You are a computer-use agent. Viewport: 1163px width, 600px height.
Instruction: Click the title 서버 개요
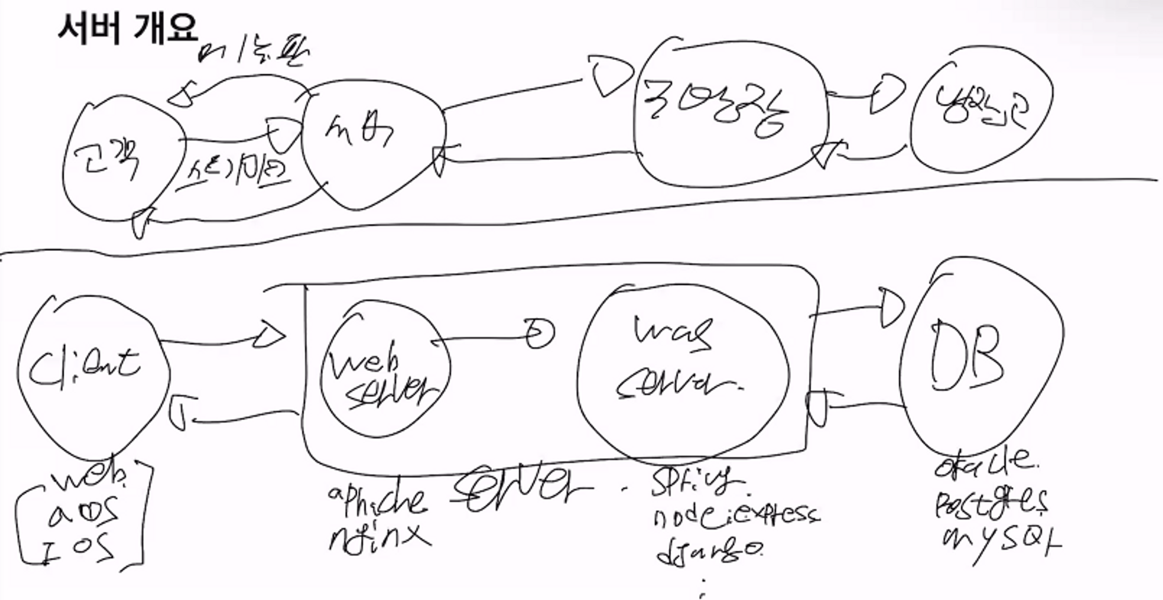pyautogui.click(x=128, y=27)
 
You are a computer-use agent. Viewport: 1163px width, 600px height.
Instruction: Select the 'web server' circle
pyautogui.click(x=384, y=372)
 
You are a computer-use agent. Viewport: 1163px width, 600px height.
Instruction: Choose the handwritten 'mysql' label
pyautogui.click(x=1000, y=541)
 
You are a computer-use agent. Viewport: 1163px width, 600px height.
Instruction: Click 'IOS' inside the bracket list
pyautogui.click(x=79, y=550)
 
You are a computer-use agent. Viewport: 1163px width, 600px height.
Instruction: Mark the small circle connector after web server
pyautogui.click(x=540, y=333)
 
